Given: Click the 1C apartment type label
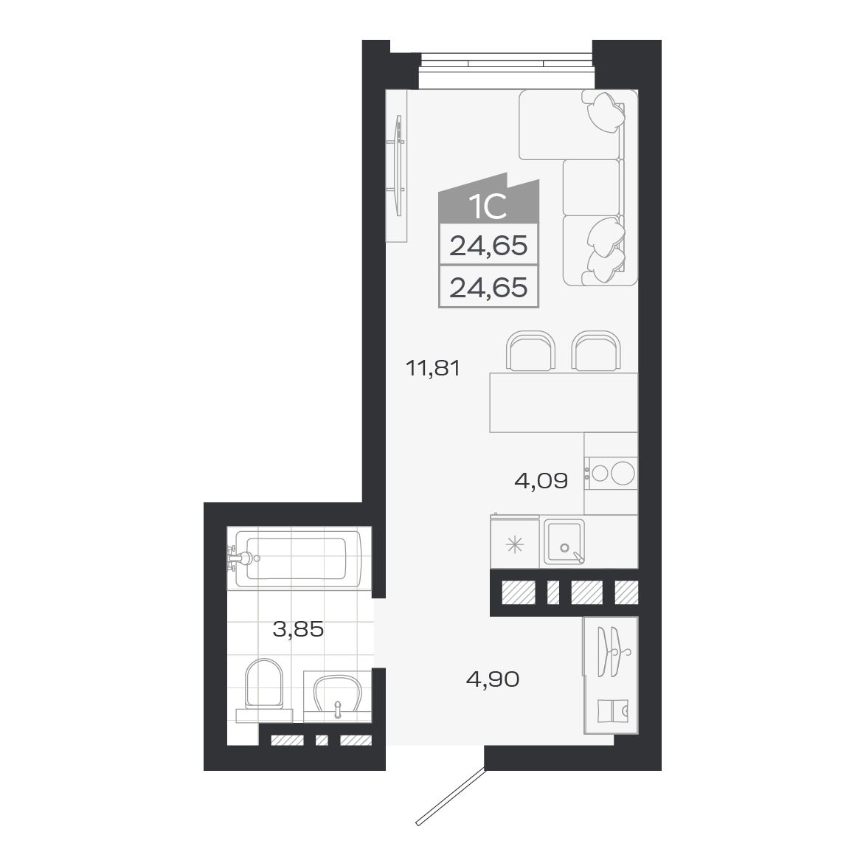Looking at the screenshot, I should (488, 207).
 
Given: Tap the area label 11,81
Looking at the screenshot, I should (433, 367).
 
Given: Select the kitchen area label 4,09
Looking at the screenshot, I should (541, 482).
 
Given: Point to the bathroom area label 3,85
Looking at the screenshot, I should (298, 630).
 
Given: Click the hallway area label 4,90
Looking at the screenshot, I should (493, 679).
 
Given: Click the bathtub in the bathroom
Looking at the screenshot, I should (299, 558).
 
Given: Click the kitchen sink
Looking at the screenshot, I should (564, 542).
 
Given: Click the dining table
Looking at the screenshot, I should (564, 403).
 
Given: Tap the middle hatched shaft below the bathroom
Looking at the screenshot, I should (321, 741).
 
